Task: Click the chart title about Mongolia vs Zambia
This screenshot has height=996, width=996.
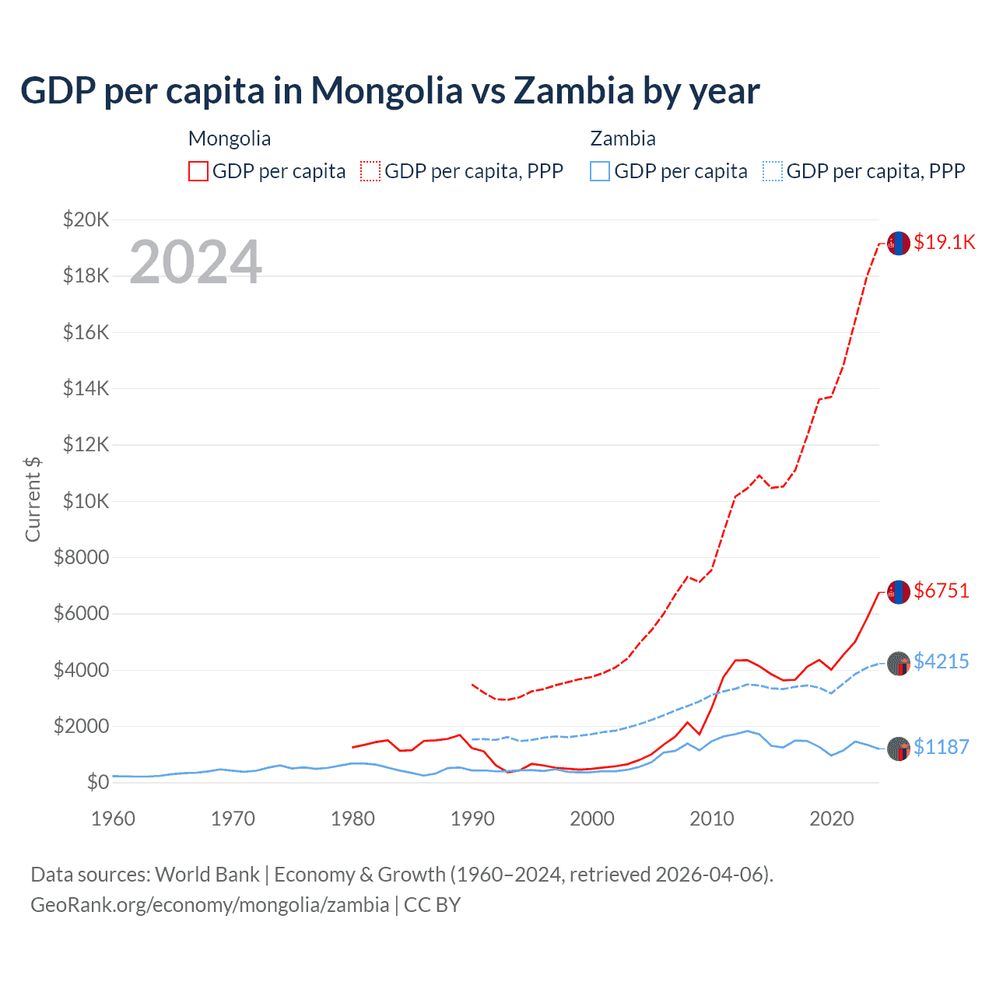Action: click(390, 91)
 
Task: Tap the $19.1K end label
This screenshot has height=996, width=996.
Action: click(944, 242)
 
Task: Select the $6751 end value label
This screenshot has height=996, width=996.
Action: click(942, 591)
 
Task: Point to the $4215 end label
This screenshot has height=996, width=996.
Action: click(942, 661)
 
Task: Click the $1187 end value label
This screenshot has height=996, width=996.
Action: click(942, 747)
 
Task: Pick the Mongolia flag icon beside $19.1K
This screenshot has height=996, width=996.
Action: click(899, 244)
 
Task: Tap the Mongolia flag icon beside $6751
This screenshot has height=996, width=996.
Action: click(899, 592)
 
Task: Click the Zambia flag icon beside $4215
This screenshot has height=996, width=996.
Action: click(899, 664)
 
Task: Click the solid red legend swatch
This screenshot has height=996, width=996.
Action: click(198, 171)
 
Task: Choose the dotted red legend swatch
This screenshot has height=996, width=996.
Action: click(370, 171)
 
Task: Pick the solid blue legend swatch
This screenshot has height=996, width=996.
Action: click(600, 171)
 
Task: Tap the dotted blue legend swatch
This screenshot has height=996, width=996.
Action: click(773, 171)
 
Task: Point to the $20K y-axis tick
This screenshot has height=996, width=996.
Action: click(86, 219)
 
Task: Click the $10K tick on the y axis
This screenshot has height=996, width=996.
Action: click(86, 501)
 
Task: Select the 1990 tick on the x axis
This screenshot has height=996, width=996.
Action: click(472, 819)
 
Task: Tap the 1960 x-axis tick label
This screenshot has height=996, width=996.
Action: click(114, 819)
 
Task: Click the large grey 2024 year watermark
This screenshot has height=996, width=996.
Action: click(195, 261)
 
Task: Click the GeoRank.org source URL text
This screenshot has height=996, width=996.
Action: click(210, 905)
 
